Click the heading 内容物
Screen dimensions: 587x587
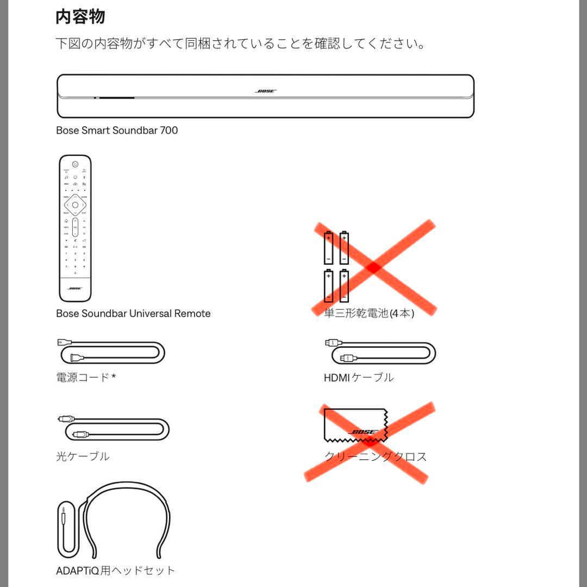pos(80,17)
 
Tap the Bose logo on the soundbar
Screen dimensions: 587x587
pos(265,91)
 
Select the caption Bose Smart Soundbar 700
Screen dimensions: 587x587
pos(117,130)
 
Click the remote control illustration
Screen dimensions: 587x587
pos(75,228)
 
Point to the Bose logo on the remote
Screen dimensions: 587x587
pos(75,289)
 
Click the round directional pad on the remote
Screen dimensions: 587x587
pos(75,205)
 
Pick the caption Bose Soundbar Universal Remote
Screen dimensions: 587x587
pos(133,314)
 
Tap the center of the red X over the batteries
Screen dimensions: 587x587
pos(373,267)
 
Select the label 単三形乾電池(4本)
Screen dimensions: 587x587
pos(369,314)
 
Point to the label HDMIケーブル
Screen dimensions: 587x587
pos(359,377)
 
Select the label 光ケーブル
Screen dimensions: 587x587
pos(83,456)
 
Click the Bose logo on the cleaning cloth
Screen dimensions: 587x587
pos(363,432)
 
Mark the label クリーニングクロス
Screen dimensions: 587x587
pos(376,457)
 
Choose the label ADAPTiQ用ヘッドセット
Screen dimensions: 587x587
pos(116,571)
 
